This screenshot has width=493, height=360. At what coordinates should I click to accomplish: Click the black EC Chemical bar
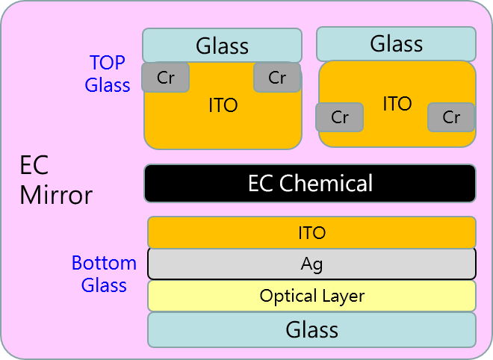click(310, 183)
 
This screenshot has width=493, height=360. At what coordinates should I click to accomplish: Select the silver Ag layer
click(311, 264)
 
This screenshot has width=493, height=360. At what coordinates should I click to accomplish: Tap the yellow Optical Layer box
click(311, 296)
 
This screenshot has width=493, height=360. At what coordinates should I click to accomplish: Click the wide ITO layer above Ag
click(311, 232)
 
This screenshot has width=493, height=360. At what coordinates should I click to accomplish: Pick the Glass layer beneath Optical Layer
click(311, 330)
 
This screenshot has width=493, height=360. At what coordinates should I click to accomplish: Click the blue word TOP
click(108, 62)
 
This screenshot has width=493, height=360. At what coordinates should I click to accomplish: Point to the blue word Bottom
click(104, 263)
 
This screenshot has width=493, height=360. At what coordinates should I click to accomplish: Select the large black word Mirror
click(56, 195)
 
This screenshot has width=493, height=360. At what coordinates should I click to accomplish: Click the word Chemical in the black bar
click(326, 183)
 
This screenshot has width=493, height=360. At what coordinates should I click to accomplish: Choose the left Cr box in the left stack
click(165, 78)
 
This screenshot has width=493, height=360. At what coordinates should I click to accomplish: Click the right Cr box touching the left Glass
click(277, 78)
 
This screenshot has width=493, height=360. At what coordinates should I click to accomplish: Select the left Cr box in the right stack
click(340, 117)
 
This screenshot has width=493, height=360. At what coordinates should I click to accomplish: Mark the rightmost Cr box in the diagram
click(451, 117)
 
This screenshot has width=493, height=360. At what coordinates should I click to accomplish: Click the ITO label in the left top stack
click(223, 105)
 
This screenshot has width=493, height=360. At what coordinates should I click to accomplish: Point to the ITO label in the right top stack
click(397, 103)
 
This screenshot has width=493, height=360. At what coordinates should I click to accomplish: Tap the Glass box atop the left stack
click(222, 46)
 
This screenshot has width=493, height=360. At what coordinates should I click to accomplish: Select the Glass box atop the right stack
click(396, 44)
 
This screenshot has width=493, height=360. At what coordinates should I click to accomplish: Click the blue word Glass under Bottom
click(104, 285)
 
